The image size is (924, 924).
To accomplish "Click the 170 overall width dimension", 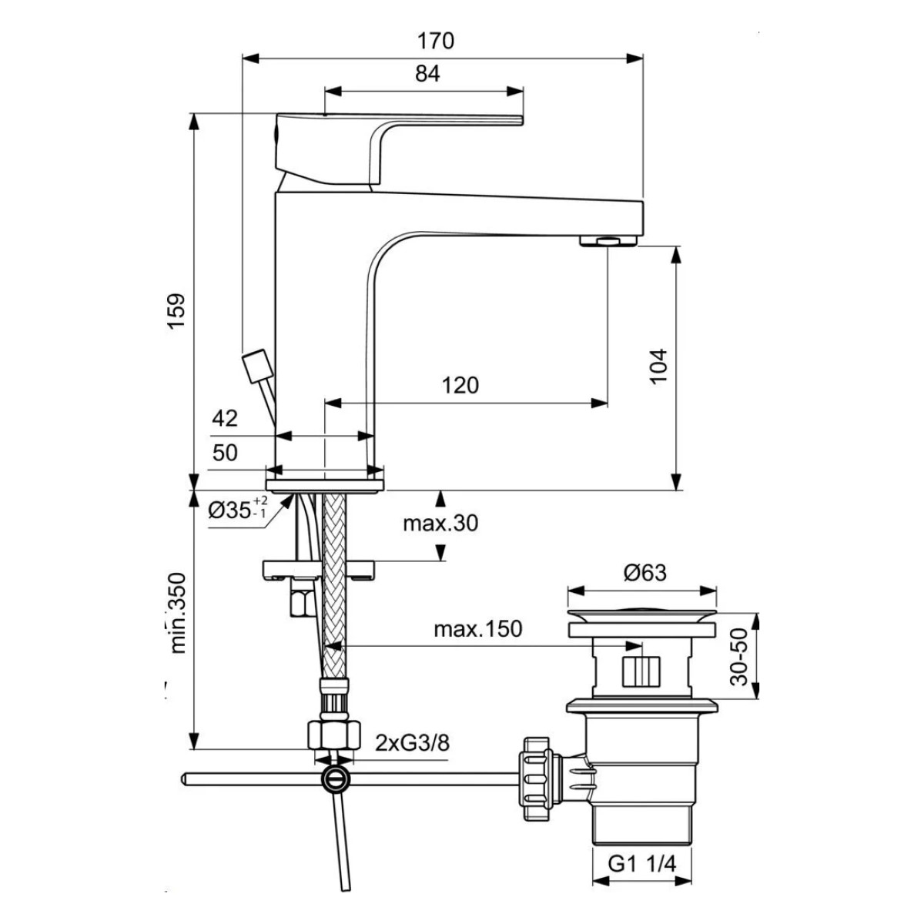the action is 435,42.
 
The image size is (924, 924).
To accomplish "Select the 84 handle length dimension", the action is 427,74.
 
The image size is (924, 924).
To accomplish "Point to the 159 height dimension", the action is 176,311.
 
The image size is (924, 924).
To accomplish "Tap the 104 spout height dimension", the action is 659,366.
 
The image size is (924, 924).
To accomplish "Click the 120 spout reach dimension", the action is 460,385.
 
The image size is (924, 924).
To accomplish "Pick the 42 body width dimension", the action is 225,419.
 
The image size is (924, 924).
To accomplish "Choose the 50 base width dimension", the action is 225,452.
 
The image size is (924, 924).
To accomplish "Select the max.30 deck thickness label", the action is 440,523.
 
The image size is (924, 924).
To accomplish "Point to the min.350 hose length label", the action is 178,613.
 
